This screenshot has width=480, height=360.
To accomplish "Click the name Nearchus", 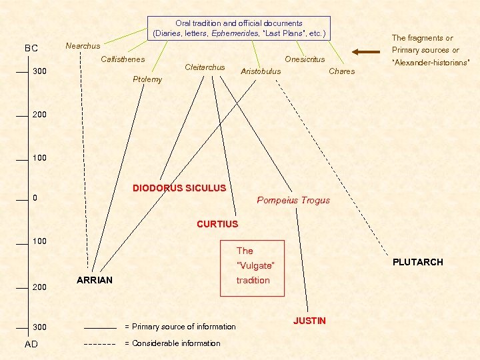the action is pos(83,46).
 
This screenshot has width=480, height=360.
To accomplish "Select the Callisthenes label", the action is pos(123,60).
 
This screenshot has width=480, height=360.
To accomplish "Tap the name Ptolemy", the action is pos(147,79).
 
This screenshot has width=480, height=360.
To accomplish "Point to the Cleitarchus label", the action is pos(205,67).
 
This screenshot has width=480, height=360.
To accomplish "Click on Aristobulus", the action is pos(261,71).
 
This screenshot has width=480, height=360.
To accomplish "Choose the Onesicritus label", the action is pos(305,59).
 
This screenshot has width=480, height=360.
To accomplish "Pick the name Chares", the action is pos(342,71).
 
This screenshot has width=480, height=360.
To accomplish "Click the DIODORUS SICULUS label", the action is pos(179,188).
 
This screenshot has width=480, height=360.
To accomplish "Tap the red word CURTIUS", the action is pos(217,224).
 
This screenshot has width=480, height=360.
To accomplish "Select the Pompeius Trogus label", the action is pos(293,200).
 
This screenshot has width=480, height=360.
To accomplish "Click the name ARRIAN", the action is pos(95,280).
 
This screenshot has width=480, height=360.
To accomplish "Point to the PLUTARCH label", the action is pos(417,262).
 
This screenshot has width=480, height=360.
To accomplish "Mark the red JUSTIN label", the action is pos(309,321).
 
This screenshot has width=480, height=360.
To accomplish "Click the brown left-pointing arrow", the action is pos(367,51).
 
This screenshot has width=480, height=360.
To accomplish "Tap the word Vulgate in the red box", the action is pos(255,266).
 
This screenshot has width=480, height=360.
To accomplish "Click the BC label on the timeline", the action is pos(31,49).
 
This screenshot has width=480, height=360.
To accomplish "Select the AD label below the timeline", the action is pos(31,344).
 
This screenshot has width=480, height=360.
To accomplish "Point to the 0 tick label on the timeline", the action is pos(35,199).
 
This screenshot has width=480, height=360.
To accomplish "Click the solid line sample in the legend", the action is pos(100,327).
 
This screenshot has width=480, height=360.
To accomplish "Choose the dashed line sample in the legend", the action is pos(100,344).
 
